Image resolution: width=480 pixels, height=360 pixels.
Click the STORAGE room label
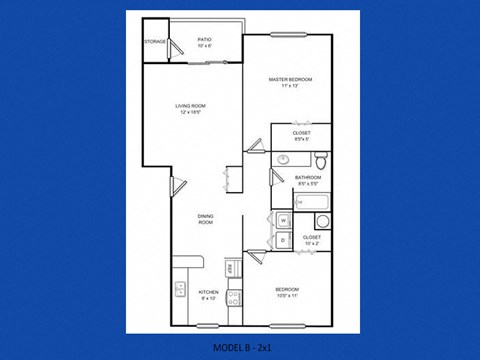click(155, 42)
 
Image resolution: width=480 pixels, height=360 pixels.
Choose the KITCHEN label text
click(209, 293)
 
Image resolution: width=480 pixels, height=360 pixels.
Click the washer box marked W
click(283, 221)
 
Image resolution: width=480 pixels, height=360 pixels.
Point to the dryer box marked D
click(283, 240)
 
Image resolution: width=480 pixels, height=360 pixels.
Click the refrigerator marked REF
click(231, 269)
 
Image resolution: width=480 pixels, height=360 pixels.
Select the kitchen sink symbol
click(180, 291)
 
